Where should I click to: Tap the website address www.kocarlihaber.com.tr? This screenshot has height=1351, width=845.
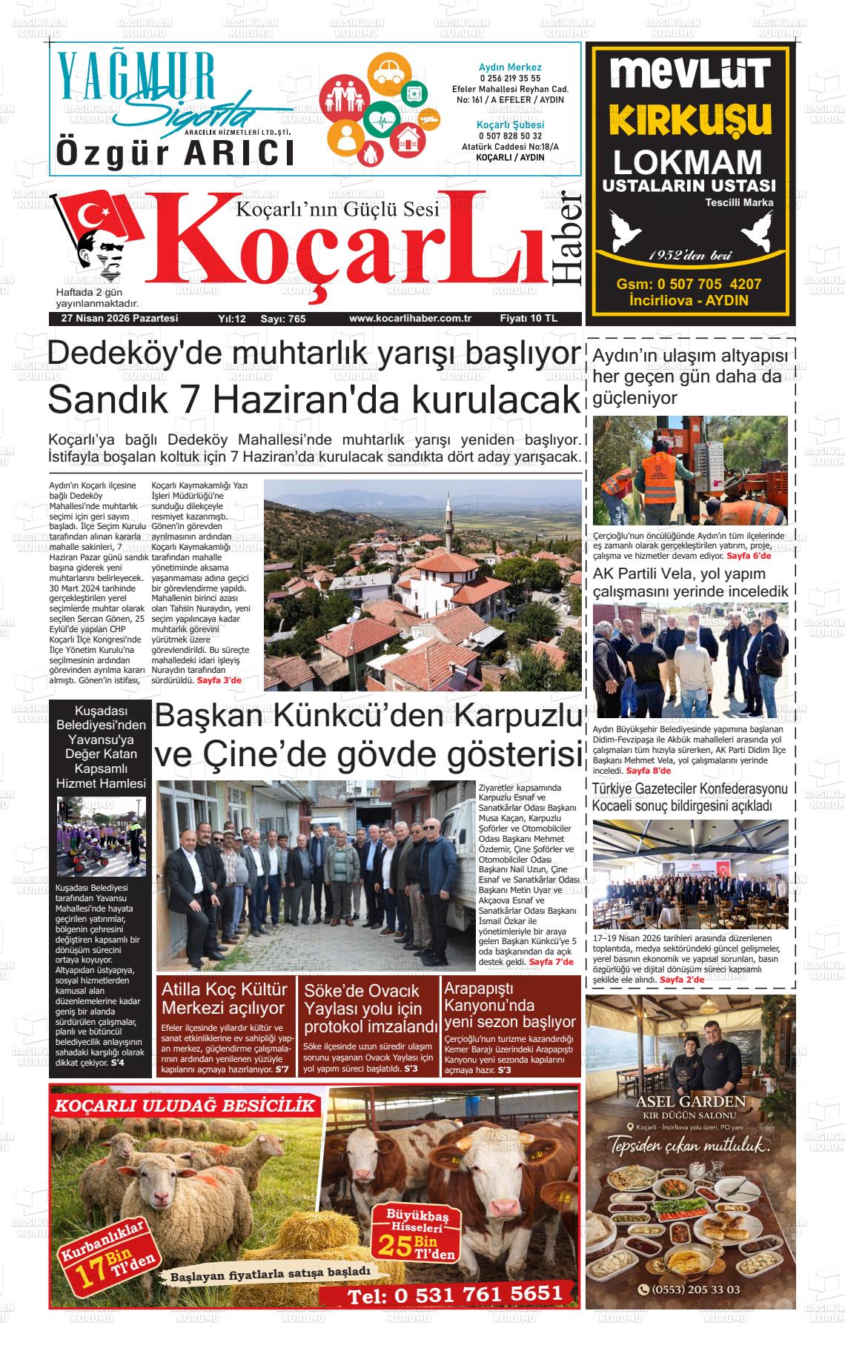pyautogui.click(x=410, y=319)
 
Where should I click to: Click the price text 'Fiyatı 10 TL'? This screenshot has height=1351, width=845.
pyautogui.click(x=528, y=319)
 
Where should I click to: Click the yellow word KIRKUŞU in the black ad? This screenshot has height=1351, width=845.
pyautogui.click(x=689, y=119)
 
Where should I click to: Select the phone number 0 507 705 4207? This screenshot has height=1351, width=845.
pyautogui.click(x=689, y=285)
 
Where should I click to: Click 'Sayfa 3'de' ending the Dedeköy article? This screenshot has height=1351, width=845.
pyautogui.click(x=219, y=680)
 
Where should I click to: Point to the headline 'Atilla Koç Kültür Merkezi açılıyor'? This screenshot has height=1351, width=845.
pyautogui.click(x=223, y=998)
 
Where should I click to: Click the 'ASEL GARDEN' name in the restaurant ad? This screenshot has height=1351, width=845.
pyautogui.click(x=690, y=1101)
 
